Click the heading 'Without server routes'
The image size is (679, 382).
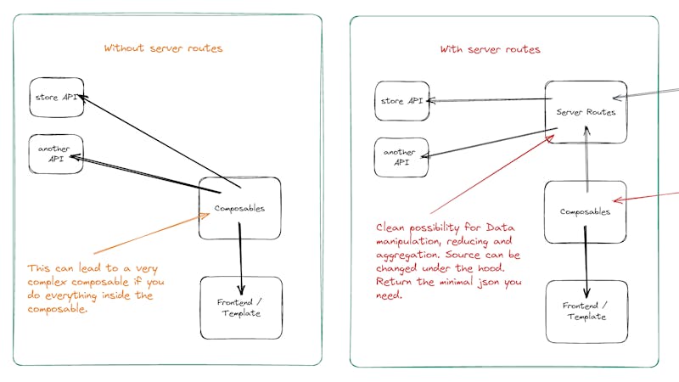[163, 48]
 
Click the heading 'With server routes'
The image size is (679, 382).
[490, 49]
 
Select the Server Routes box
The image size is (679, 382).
[586, 111]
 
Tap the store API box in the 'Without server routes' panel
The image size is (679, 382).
[56, 98]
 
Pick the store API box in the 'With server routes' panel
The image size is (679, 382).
[401, 101]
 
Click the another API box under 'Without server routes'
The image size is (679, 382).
[56, 154]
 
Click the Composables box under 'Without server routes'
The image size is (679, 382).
[239, 208]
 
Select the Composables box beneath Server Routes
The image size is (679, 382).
[585, 211]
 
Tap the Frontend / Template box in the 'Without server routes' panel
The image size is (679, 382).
[239, 308]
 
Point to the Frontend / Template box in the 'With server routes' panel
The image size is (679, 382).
[585, 311]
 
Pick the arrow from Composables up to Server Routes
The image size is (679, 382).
[586, 157]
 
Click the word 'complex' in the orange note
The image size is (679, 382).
[50, 282]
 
